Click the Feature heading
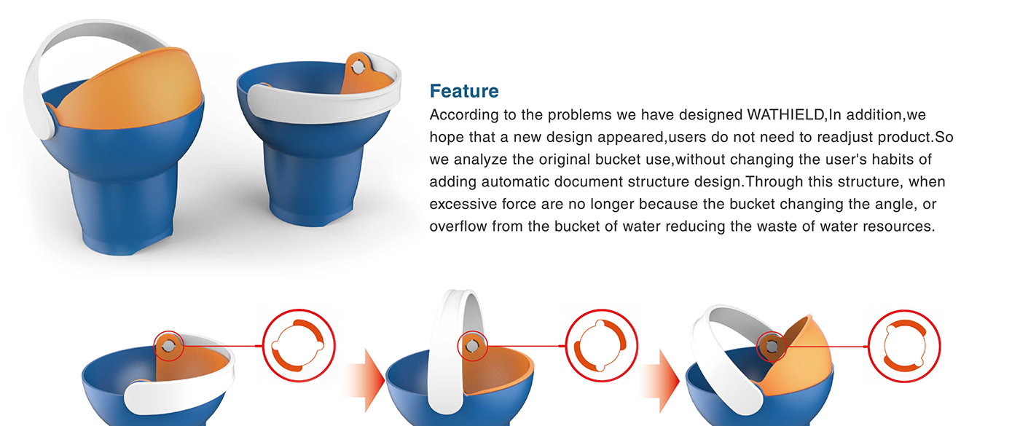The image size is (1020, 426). [x=464, y=91]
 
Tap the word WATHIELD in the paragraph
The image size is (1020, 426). [x=785, y=115]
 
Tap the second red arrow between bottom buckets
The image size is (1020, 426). [x=659, y=380]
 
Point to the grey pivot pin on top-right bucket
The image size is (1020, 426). [x=358, y=67]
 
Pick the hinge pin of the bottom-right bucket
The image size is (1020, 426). [x=772, y=347]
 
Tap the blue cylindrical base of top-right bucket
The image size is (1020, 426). [x=314, y=182]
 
